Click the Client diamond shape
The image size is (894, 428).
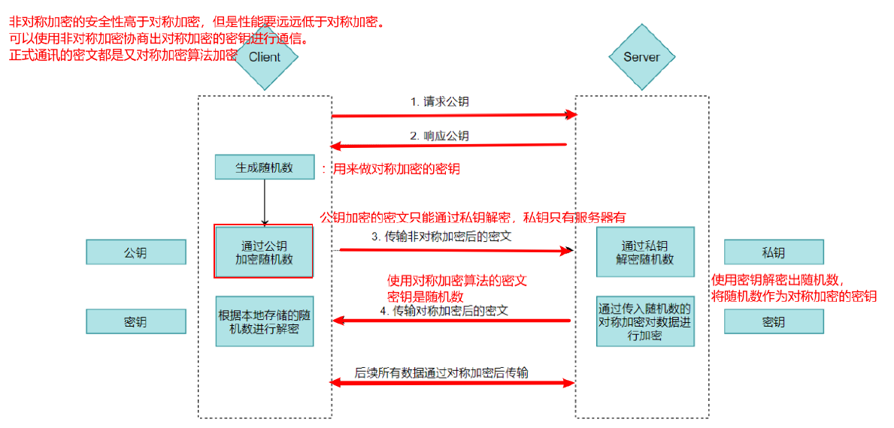265,58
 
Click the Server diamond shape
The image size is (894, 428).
641,58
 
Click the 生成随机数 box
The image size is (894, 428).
265,167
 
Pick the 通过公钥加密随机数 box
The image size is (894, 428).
264,252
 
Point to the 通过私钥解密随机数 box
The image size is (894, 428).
645,252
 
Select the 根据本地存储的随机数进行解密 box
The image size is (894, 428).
264,321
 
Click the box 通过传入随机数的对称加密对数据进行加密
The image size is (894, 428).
645,321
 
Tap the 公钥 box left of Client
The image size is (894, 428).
135,252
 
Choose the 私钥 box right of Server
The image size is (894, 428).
774,252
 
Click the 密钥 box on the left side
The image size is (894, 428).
135,322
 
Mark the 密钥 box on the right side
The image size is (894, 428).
774,322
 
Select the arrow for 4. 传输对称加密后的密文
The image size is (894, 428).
451,321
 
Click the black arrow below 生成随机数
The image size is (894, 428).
265,201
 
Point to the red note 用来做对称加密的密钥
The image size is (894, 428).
395,170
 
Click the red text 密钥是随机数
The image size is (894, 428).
425,297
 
